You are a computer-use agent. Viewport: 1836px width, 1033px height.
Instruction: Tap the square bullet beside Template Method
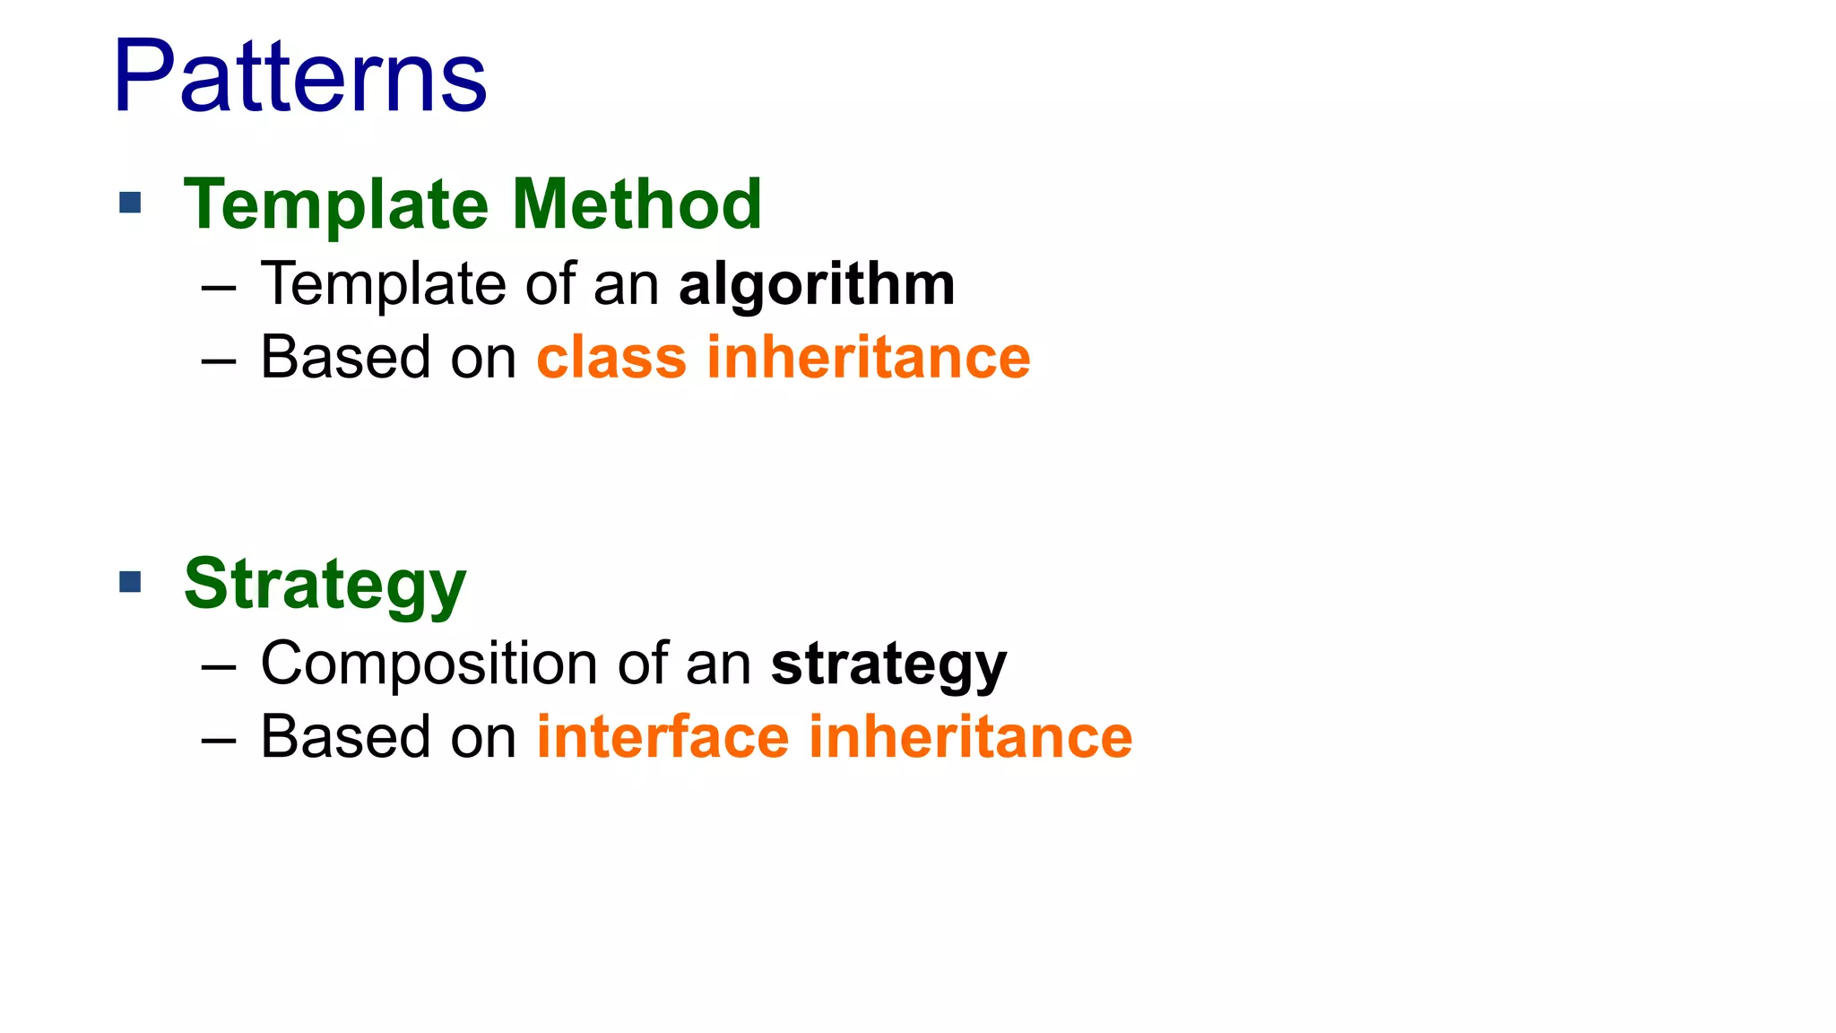[x=131, y=203]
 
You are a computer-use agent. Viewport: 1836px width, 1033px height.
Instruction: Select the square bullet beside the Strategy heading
[x=131, y=582]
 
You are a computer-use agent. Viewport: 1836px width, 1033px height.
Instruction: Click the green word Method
[x=637, y=204]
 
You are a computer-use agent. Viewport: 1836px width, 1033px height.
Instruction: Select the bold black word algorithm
[x=817, y=285]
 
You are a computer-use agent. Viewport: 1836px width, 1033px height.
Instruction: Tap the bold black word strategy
[x=888, y=665]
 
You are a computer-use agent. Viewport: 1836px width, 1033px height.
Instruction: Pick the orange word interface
[x=663, y=737]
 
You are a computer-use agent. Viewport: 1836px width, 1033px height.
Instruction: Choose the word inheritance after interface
[x=971, y=737]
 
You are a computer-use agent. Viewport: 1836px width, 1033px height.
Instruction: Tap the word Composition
[x=429, y=665]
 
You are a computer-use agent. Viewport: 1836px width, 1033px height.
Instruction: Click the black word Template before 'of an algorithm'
[x=384, y=285]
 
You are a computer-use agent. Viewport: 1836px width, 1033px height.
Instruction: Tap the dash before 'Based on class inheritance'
[x=219, y=361]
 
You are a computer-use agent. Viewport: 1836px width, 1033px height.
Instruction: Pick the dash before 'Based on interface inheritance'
[x=219, y=741]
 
